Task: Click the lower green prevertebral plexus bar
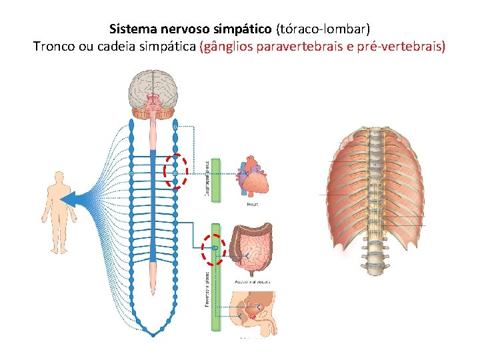(x=215, y=276)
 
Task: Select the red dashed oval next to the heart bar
(x=175, y=171)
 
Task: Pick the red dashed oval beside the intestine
(x=213, y=250)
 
